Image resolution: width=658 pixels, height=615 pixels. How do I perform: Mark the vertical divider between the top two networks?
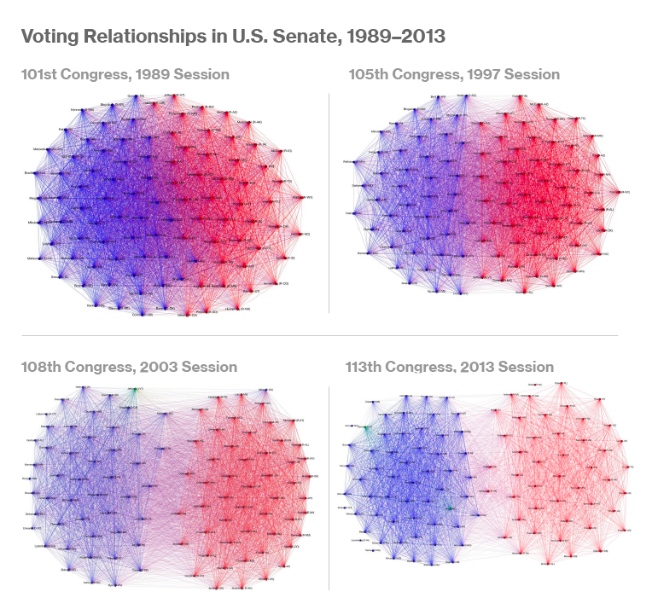329,205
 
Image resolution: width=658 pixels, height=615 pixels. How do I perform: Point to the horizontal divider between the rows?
329,335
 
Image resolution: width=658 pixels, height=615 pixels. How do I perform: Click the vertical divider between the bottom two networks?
329,486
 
